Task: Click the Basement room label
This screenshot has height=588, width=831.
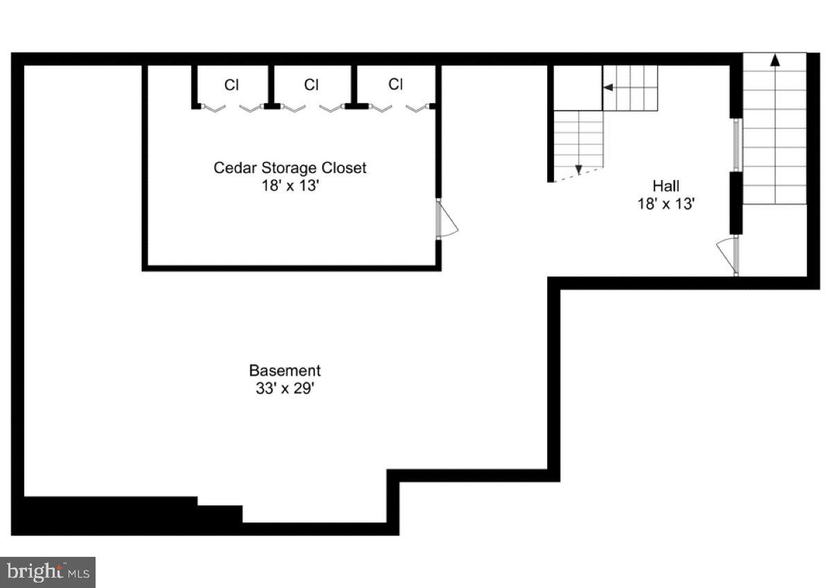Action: pos(285,371)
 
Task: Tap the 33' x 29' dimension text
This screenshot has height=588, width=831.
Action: pos(285,389)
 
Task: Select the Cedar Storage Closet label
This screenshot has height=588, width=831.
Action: pos(289,168)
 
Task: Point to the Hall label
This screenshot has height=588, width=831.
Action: pos(665,186)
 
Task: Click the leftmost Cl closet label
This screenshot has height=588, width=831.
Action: pos(231,85)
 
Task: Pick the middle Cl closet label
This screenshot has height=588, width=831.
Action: pos(312,85)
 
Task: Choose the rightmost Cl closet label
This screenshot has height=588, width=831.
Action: pos(395,84)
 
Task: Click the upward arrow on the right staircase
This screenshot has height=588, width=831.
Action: pos(774,61)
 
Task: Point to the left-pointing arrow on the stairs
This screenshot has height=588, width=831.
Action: pos(609,87)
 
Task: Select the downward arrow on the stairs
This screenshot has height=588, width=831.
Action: pos(578,169)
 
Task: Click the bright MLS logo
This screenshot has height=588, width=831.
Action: pos(47,572)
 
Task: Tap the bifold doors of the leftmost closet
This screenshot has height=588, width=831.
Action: pos(231,107)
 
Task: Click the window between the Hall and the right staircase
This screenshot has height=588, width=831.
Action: pos(737,144)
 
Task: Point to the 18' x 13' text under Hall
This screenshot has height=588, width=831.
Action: pos(665,204)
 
